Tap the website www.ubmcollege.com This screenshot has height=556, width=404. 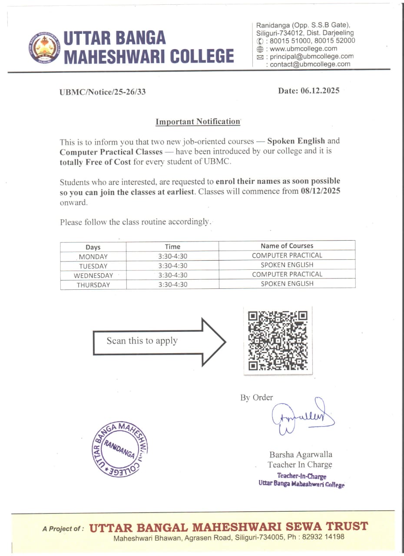303,49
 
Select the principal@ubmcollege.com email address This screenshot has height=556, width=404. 311,56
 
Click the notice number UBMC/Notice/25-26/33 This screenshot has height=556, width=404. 103,92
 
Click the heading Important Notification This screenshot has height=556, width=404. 198,122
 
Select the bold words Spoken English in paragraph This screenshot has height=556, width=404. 296,141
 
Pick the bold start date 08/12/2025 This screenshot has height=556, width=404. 321,192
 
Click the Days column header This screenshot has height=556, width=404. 93,247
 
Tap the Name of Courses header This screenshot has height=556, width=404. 287,246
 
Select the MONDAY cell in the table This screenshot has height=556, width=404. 93,256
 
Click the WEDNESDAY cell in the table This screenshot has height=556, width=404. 93,275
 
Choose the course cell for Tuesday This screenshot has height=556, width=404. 287,265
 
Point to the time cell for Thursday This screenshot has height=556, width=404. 172,285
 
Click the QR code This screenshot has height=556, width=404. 278,340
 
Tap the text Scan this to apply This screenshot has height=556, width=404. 142,341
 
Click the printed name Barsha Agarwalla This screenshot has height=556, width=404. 301,455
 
